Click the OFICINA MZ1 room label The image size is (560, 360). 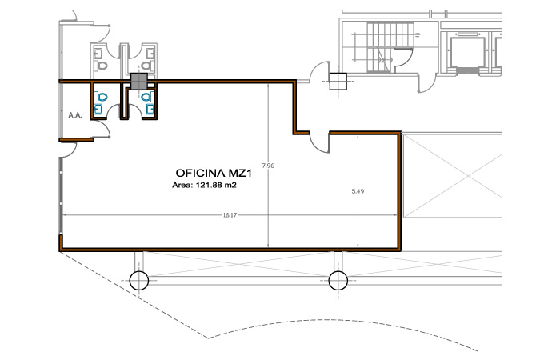coord(214,174)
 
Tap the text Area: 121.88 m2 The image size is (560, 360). coord(204,185)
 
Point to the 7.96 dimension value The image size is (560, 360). coord(268,166)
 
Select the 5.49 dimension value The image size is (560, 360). coord(358,191)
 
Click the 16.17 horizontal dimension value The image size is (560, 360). coord(230,215)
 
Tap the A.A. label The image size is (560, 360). coord(75,115)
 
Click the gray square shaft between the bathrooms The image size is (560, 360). coord(139,81)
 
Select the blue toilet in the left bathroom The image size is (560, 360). coord(102,97)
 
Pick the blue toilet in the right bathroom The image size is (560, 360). coord(147,97)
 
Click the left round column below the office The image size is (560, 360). coord(138,280)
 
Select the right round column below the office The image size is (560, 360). coord(338,280)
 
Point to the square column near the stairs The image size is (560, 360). coord(338,82)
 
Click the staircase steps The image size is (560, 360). coord(390,46)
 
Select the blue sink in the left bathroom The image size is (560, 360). coord(98,110)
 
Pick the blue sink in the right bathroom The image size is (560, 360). coord(150,110)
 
